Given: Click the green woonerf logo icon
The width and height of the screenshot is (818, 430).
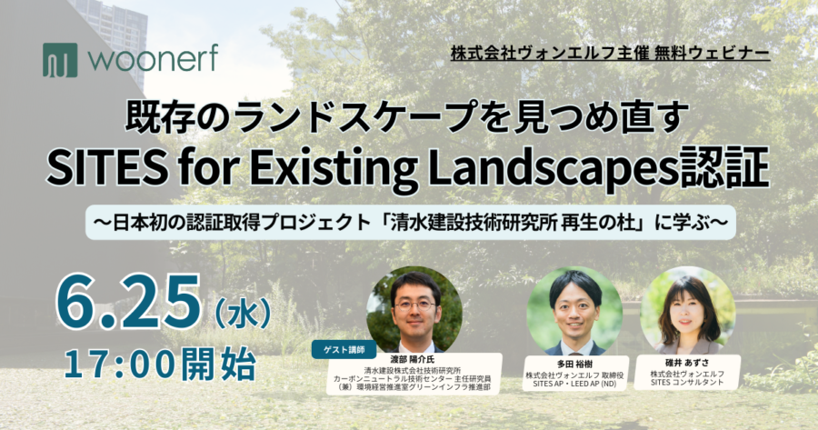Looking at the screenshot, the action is [x=60, y=60].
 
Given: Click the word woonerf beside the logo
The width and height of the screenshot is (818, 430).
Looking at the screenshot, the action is [x=153, y=59].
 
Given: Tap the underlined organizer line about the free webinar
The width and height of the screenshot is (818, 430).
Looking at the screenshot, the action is [x=611, y=54].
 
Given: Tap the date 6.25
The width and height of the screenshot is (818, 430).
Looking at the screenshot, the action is [x=128, y=303].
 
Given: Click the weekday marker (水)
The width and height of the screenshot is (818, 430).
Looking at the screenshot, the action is [x=242, y=312].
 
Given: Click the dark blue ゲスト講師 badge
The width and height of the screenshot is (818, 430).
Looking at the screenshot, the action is [x=344, y=350].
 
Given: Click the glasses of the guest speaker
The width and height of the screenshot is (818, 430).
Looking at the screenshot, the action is [x=415, y=305].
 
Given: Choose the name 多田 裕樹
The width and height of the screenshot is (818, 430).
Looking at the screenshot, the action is [x=575, y=364].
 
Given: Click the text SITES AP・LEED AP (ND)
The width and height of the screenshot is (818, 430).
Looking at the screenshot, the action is [x=574, y=384].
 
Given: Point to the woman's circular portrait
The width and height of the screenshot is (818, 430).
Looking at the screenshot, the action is [x=688, y=311].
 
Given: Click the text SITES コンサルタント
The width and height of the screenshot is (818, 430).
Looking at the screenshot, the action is [x=687, y=382].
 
